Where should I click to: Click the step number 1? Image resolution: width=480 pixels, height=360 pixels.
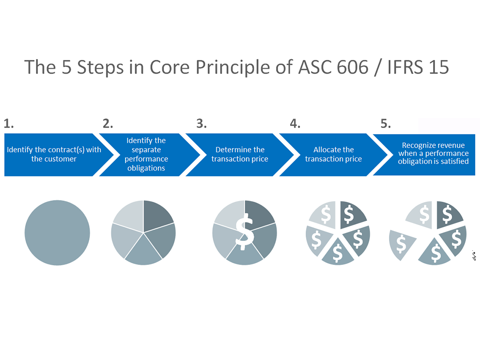tap(8, 124)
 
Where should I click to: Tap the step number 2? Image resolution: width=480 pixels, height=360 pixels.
tap(108, 124)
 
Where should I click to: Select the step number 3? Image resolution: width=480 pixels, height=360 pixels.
tap(201, 124)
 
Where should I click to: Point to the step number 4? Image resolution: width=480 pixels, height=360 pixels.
tap(295, 124)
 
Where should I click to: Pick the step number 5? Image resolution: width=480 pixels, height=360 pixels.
tap(385, 124)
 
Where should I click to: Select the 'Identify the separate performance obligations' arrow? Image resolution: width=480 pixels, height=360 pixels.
tap(146, 154)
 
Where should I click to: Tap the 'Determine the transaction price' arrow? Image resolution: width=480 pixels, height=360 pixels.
tap(240, 155)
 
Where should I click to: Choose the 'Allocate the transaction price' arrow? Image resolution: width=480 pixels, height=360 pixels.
tap(333, 155)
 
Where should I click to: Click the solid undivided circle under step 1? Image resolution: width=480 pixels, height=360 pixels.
tap(57, 233)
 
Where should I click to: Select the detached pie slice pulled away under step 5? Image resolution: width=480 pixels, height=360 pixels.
tap(401, 244)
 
